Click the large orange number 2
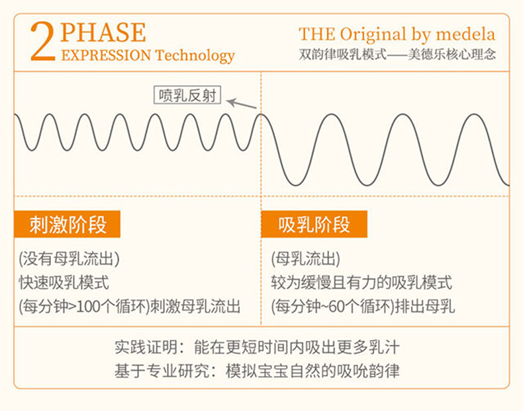[x=42, y=42]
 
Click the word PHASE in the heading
[x=103, y=32]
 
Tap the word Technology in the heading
[x=195, y=56]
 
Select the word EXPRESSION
[x=106, y=56]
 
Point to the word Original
[x=373, y=35]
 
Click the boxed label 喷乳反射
[x=187, y=95]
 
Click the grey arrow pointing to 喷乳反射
[x=242, y=104]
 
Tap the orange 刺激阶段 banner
[x=67, y=224]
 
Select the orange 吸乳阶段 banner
[x=314, y=224]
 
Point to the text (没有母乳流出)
[x=69, y=259]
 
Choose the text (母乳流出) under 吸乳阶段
[x=306, y=259]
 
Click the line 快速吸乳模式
[x=64, y=283]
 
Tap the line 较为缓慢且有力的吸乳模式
[x=361, y=283]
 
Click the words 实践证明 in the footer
[x=146, y=347]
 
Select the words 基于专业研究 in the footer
[x=162, y=371]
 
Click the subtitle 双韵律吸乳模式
[x=342, y=54]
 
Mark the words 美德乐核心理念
[x=452, y=54]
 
